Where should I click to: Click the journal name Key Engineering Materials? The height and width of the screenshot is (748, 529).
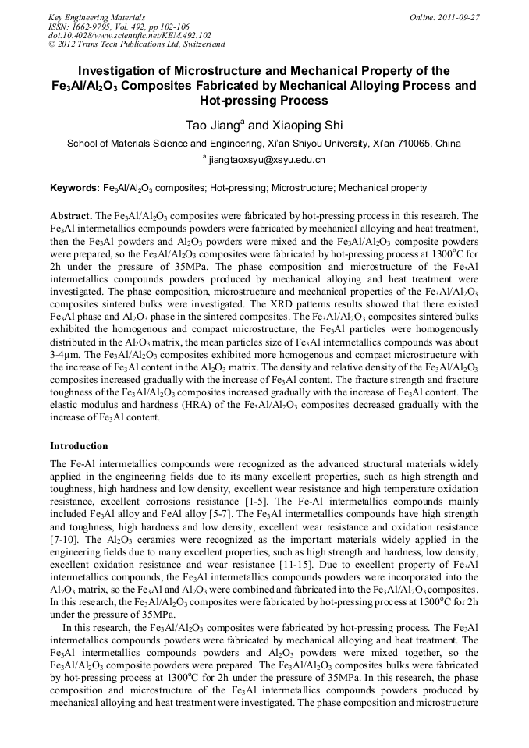(97, 16)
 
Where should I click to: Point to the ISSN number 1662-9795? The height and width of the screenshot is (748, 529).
(94, 26)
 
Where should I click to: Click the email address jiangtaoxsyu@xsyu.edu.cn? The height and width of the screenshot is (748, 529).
(267, 160)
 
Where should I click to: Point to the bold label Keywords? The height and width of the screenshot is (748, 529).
(75, 188)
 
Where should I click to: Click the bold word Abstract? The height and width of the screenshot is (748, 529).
(70, 214)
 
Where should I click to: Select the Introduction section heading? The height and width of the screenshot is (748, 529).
(79, 446)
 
